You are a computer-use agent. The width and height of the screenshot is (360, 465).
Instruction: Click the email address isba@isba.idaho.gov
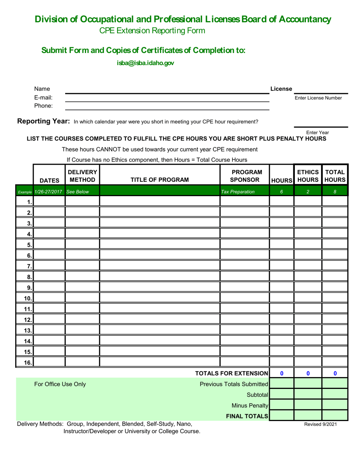coord(146,64)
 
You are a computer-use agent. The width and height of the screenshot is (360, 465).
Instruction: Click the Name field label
coord(42,89)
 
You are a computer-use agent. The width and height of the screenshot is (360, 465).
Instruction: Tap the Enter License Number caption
coord(318,98)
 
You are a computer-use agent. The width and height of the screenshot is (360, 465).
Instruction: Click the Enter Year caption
coord(317,133)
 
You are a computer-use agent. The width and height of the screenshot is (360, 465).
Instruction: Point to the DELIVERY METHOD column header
coord(82,175)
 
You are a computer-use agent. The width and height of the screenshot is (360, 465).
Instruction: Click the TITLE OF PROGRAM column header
coord(160,180)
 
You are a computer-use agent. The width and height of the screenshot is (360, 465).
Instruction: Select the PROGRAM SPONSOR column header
coord(244,175)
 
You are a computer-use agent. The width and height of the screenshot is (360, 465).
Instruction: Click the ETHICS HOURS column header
coord(308,175)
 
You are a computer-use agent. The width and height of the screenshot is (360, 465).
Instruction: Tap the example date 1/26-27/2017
coord(48,192)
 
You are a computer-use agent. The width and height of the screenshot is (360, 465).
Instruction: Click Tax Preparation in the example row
coord(238,192)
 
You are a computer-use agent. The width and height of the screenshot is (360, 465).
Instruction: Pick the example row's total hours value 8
coord(335,192)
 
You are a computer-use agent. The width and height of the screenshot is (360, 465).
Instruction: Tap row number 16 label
coord(28,362)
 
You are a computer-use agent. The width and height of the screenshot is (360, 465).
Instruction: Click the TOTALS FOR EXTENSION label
coord(232,373)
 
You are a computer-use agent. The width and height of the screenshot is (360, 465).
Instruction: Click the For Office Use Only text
coord(60,384)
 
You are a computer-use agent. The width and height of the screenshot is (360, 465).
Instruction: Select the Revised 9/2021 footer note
coord(320,424)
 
